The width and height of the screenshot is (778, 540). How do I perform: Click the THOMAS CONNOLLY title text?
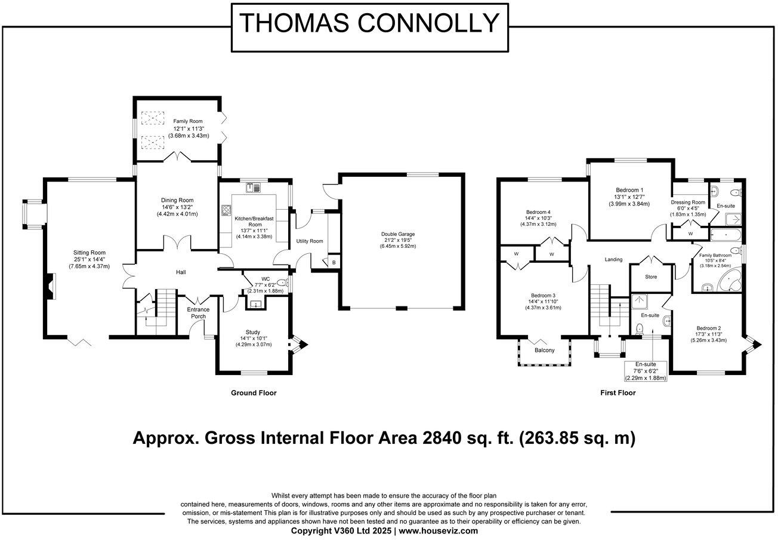coord(369,23)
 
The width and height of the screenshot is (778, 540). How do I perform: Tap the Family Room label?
coord(188,121)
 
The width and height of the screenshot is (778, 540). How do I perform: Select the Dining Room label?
coord(177,200)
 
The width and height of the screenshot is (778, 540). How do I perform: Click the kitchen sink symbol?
coord(253,188)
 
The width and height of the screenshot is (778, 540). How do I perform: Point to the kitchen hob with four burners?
coord(226,210)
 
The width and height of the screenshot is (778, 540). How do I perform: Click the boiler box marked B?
coord(334,262)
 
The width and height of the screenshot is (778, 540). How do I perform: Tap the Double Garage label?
coord(398,234)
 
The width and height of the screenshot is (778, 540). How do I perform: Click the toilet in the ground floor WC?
coord(282,283)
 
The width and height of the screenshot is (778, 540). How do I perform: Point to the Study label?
coord(253,332)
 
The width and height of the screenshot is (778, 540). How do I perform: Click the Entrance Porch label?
coord(198,313)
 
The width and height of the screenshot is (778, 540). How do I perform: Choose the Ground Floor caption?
coord(254,393)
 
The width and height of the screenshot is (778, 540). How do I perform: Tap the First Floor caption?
coord(618,393)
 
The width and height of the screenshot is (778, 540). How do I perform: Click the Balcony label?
coord(544,350)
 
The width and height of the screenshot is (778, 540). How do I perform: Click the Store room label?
coord(651,277)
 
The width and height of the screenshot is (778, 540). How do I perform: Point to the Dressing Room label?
coord(688,202)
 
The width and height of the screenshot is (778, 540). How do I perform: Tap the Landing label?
coord(613,259)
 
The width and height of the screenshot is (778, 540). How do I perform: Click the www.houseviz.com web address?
coord(438,531)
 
